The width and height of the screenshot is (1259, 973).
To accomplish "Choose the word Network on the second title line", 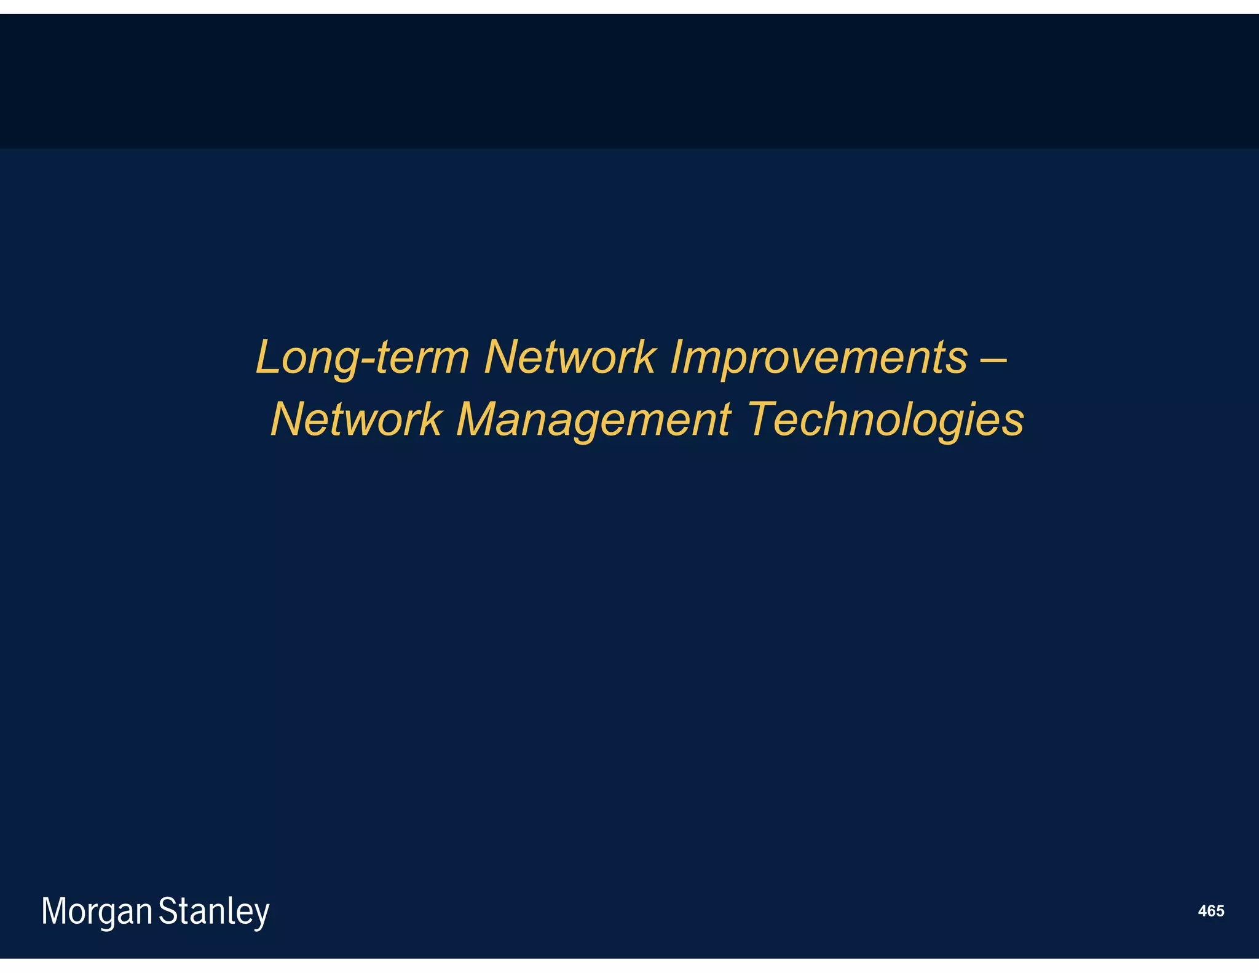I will [x=356, y=420].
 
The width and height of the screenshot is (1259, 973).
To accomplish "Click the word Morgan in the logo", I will [x=97, y=912].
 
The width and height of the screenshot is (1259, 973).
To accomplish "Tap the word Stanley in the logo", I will [x=214, y=912].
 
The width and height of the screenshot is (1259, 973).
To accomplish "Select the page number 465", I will [x=1210, y=911].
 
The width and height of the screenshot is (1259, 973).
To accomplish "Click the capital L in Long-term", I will [x=268, y=357].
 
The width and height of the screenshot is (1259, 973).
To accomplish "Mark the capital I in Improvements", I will [x=677, y=357].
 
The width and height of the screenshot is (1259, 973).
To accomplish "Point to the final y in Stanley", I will [x=262, y=916].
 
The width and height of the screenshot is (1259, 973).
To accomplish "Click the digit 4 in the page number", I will [x=1202, y=911].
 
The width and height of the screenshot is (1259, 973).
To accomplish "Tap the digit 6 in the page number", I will [x=1211, y=911].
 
